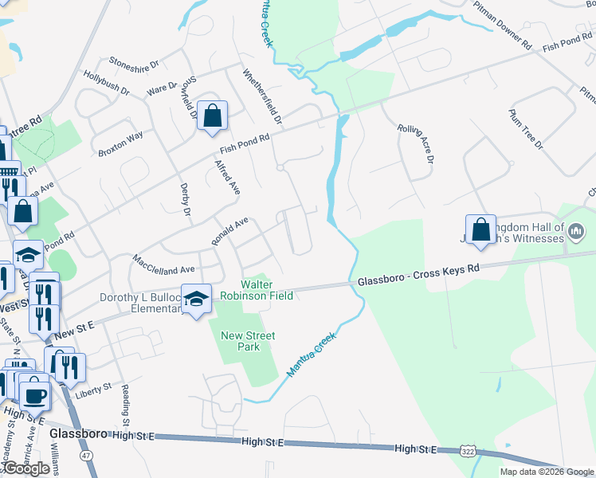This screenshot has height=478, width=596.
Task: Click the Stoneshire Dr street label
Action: click(135, 61)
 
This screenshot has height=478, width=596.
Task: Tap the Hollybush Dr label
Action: click(105, 82)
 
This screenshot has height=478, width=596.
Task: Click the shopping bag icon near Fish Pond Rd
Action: click(212, 116)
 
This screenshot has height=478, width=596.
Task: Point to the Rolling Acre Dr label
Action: click(414, 143)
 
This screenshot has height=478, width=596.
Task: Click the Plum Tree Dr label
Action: click(525, 129)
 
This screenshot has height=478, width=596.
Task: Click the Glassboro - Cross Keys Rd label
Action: click(418, 275)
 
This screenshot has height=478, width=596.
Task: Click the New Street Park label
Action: click(247, 342)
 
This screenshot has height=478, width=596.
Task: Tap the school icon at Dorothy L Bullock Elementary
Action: click(196, 299)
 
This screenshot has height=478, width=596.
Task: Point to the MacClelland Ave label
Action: click(152, 265)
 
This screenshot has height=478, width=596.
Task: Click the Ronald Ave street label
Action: click(230, 231)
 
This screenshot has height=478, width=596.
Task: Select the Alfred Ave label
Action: click(227, 178)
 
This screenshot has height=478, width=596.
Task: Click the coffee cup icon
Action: click(34, 394)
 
